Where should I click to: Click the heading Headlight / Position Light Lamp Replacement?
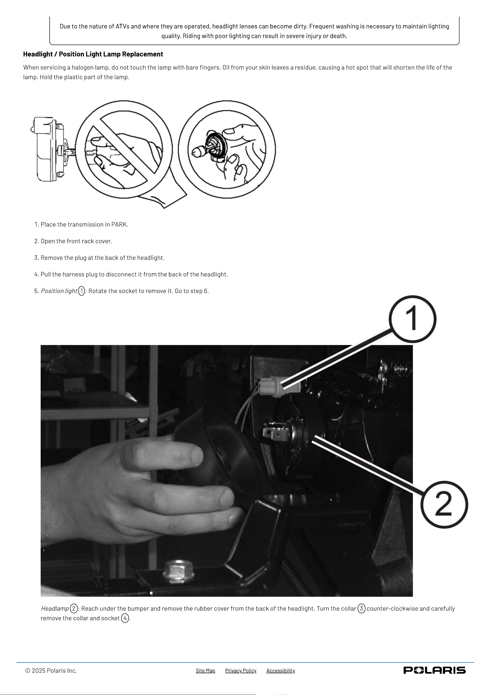[93, 54]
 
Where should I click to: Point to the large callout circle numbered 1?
[412, 319]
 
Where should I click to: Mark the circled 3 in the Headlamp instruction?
[361, 608]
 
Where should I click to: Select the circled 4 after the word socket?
[125, 618]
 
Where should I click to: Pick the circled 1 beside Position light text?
[81, 291]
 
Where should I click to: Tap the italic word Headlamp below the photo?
[55, 608]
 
